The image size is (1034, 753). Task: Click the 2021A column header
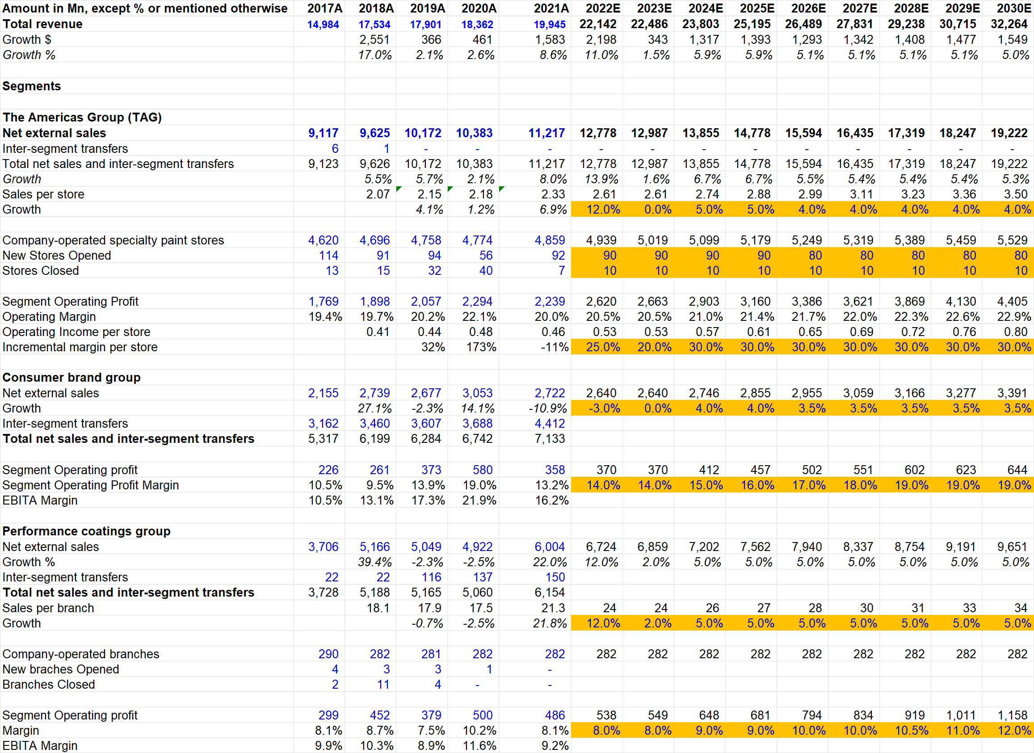pos(551,8)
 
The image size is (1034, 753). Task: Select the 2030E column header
pos(1013,8)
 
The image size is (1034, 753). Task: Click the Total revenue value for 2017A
pos(323,24)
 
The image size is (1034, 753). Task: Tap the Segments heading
pos(31,86)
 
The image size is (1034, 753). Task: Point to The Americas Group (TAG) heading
pos(82,118)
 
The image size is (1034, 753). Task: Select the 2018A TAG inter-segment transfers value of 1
pos(386,149)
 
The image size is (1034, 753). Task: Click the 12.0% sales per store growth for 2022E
pos(603,210)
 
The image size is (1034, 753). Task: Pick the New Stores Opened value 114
pos(328,256)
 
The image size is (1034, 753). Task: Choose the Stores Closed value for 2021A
pos(561,271)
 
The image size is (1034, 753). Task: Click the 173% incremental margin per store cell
pos(480,347)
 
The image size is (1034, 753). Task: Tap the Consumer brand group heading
pos(71,378)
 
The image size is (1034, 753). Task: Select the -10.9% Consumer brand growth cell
pos(547,408)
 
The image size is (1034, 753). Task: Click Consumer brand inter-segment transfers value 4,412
pos(549,424)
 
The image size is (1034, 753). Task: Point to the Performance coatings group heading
pos(86,531)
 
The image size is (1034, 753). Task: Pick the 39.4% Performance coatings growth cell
pos(374,562)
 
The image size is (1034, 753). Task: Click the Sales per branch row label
pos(48,608)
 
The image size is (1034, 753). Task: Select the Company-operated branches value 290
pos(328,654)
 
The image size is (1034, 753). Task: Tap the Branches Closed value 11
pos(383,685)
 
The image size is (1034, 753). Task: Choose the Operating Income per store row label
pos(76,332)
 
